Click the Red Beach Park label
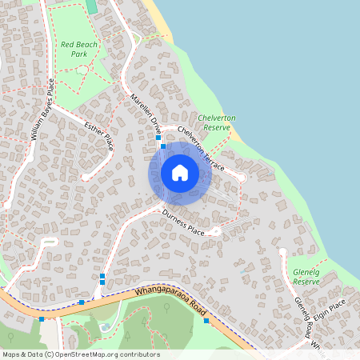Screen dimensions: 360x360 (78, 49)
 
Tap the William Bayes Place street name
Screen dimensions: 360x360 (42, 110)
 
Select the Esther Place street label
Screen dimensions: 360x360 (99, 134)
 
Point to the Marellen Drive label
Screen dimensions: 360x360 (145, 113)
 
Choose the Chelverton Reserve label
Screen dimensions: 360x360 (216, 122)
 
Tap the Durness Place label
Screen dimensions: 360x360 (183, 222)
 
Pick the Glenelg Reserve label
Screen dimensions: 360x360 (306, 277)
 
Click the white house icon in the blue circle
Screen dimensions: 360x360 (180, 173)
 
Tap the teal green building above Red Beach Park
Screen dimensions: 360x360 (90, 6)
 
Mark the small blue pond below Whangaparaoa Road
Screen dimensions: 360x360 (106, 326)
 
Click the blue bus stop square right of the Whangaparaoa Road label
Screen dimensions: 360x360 (206, 321)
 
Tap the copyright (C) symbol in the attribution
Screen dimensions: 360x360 (49, 354)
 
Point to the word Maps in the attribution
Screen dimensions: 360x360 (11, 354)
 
